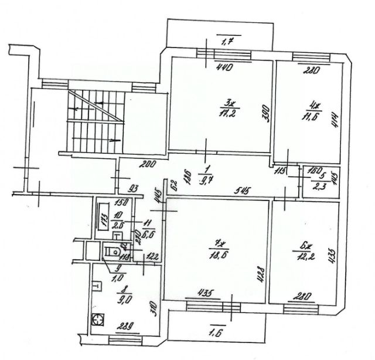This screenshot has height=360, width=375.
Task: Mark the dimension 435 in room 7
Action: pyautogui.click(x=204, y=293)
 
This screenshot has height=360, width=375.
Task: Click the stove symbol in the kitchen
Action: pyautogui.click(x=98, y=320)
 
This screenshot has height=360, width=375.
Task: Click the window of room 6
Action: pyautogui.click(x=301, y=306)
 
